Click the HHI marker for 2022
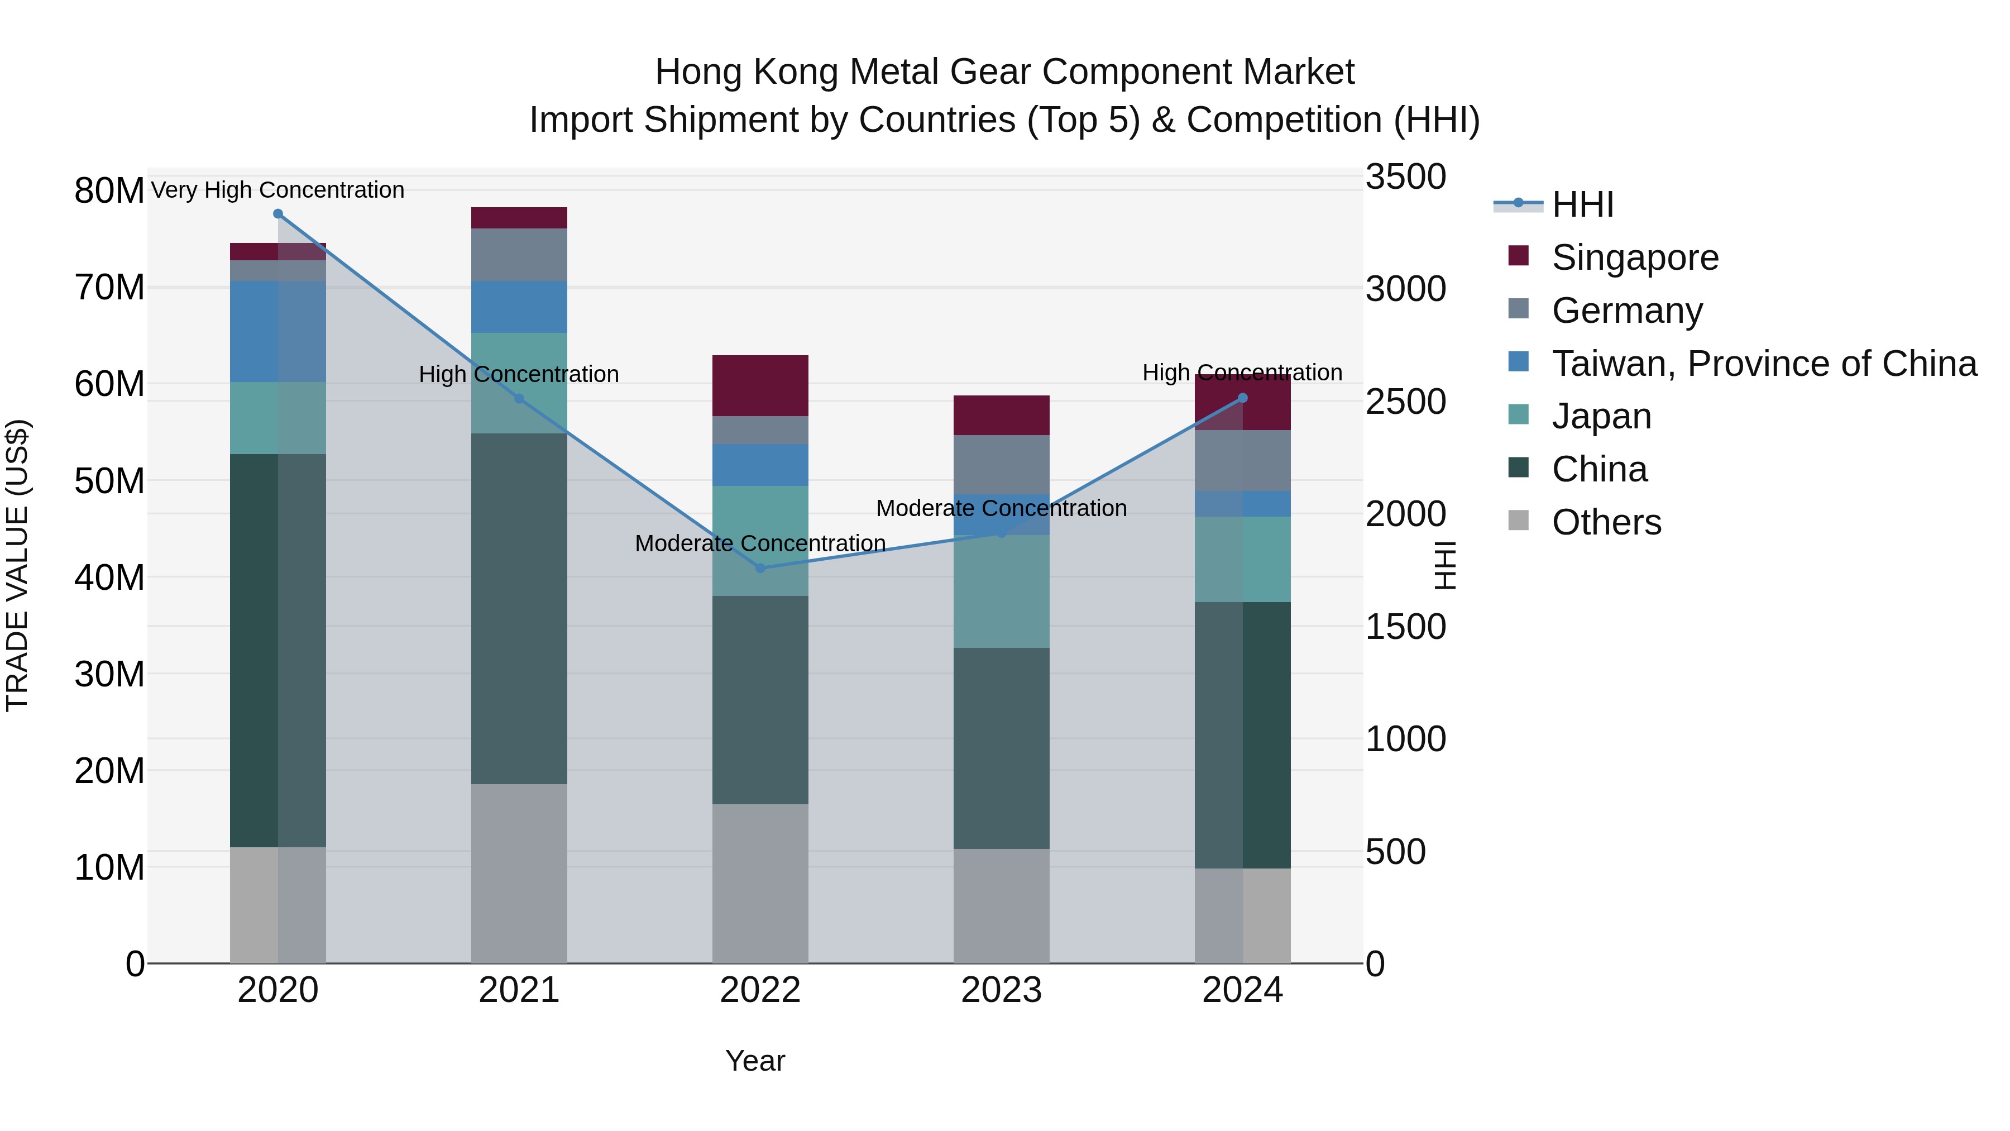pos(760,567)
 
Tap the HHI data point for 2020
pos(278,214)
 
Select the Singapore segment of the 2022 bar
pos(760,385)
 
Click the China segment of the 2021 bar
pos(519,608)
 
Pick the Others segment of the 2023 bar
pos(1001,905)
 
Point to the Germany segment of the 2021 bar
pos(519,255)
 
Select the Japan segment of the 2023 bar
pos(1001,591)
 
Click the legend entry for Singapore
pos(1635,257)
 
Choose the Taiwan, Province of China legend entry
pos(1763,364)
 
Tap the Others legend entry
pos(1606,522)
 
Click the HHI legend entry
pos(1582,204)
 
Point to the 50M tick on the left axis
pos(109,481)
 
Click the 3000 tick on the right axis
pos(1405,289)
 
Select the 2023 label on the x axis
pos(1001,990)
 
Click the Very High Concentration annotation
pos(278,190)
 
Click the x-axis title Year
pos(754,1061)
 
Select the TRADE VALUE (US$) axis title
pos(17,565)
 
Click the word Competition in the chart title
pos(1284,120)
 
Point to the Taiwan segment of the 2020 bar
pos(278,331)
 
